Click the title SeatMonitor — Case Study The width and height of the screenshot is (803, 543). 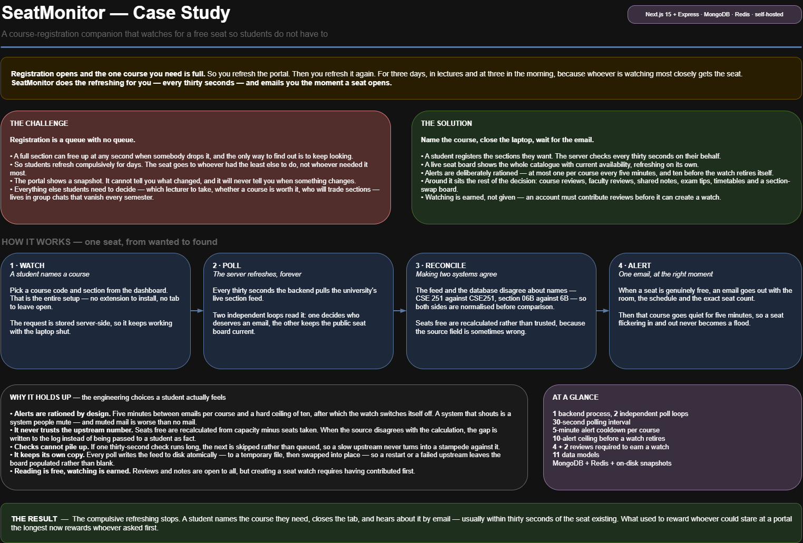(x=116, y=13)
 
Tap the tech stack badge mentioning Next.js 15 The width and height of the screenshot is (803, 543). (x=714, y=14)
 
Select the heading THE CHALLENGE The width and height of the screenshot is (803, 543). (x=39, y=123)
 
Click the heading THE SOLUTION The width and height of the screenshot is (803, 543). (x=446, y=123)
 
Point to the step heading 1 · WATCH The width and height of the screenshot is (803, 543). (x=27, y=265)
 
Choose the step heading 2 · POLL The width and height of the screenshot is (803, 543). (x=227, y=265)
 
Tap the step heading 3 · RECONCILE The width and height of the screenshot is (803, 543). (x=440, y=265)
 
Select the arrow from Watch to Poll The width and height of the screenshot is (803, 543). (x=197, y=311)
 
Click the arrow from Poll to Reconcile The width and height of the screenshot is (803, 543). (x=400, y=311)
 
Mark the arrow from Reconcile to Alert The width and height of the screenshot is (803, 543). (x=603, y=311)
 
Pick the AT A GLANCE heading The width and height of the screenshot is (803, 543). (x=575, y=397)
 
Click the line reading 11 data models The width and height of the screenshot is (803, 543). (x=576, y=455)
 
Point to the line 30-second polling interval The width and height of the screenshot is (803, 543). (x=591, y=422)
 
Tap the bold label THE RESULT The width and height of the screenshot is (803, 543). (x=34, y=519)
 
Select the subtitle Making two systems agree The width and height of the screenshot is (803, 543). (x=456, y=274)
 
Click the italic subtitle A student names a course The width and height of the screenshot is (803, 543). (x=50, y=274)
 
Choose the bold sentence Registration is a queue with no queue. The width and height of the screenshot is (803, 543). (x=72, y=140)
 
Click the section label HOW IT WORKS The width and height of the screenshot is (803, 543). (x=36, y=242)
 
